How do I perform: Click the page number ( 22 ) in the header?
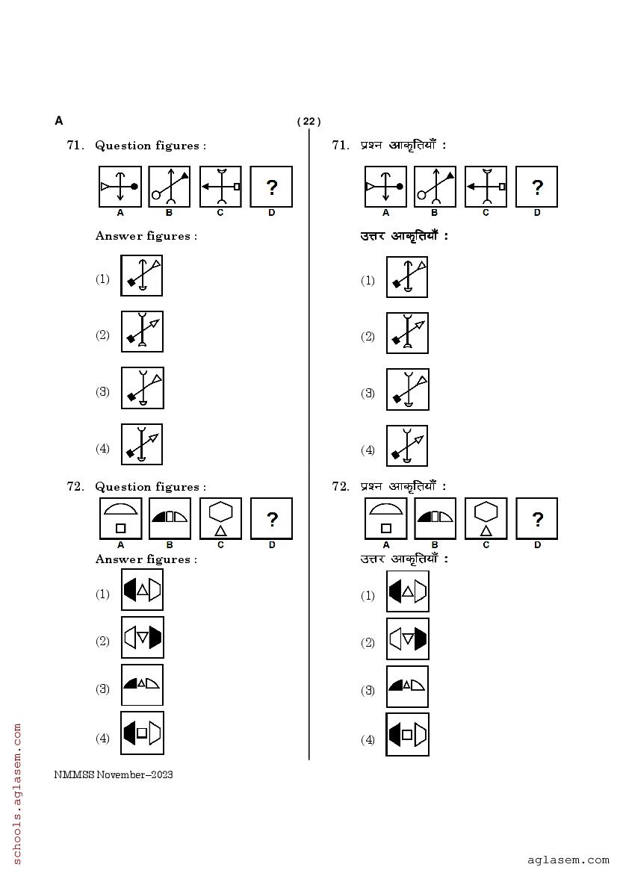[x=308, y=122]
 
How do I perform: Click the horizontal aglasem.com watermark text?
[x=568, y=860]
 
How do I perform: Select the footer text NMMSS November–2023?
[x=114, y=775]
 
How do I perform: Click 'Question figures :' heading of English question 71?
[x=150, y=146]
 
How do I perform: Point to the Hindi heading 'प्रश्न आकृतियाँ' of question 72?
[x=403, y=487]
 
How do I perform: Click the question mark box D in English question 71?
[x=271, y=187]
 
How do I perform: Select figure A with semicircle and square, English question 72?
[x=120, y=518]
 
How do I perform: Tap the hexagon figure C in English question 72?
[x=220, y=518]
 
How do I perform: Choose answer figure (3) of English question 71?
[x=142, y=388]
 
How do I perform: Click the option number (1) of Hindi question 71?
[x=368, y=281]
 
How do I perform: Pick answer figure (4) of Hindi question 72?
[x=407, y=735]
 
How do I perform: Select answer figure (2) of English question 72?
[x=142, y=638]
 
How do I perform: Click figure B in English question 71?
[x=170, y=187]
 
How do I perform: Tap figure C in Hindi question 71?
[x=486, y=187]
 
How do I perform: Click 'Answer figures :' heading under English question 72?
[x=146, y=559]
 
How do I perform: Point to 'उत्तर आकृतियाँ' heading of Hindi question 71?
[x=404, y=237]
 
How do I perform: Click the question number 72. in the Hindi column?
[x=341, y=487]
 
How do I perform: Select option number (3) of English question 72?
[x=102, y=689]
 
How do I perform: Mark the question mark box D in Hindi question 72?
[x=536, y=519]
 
